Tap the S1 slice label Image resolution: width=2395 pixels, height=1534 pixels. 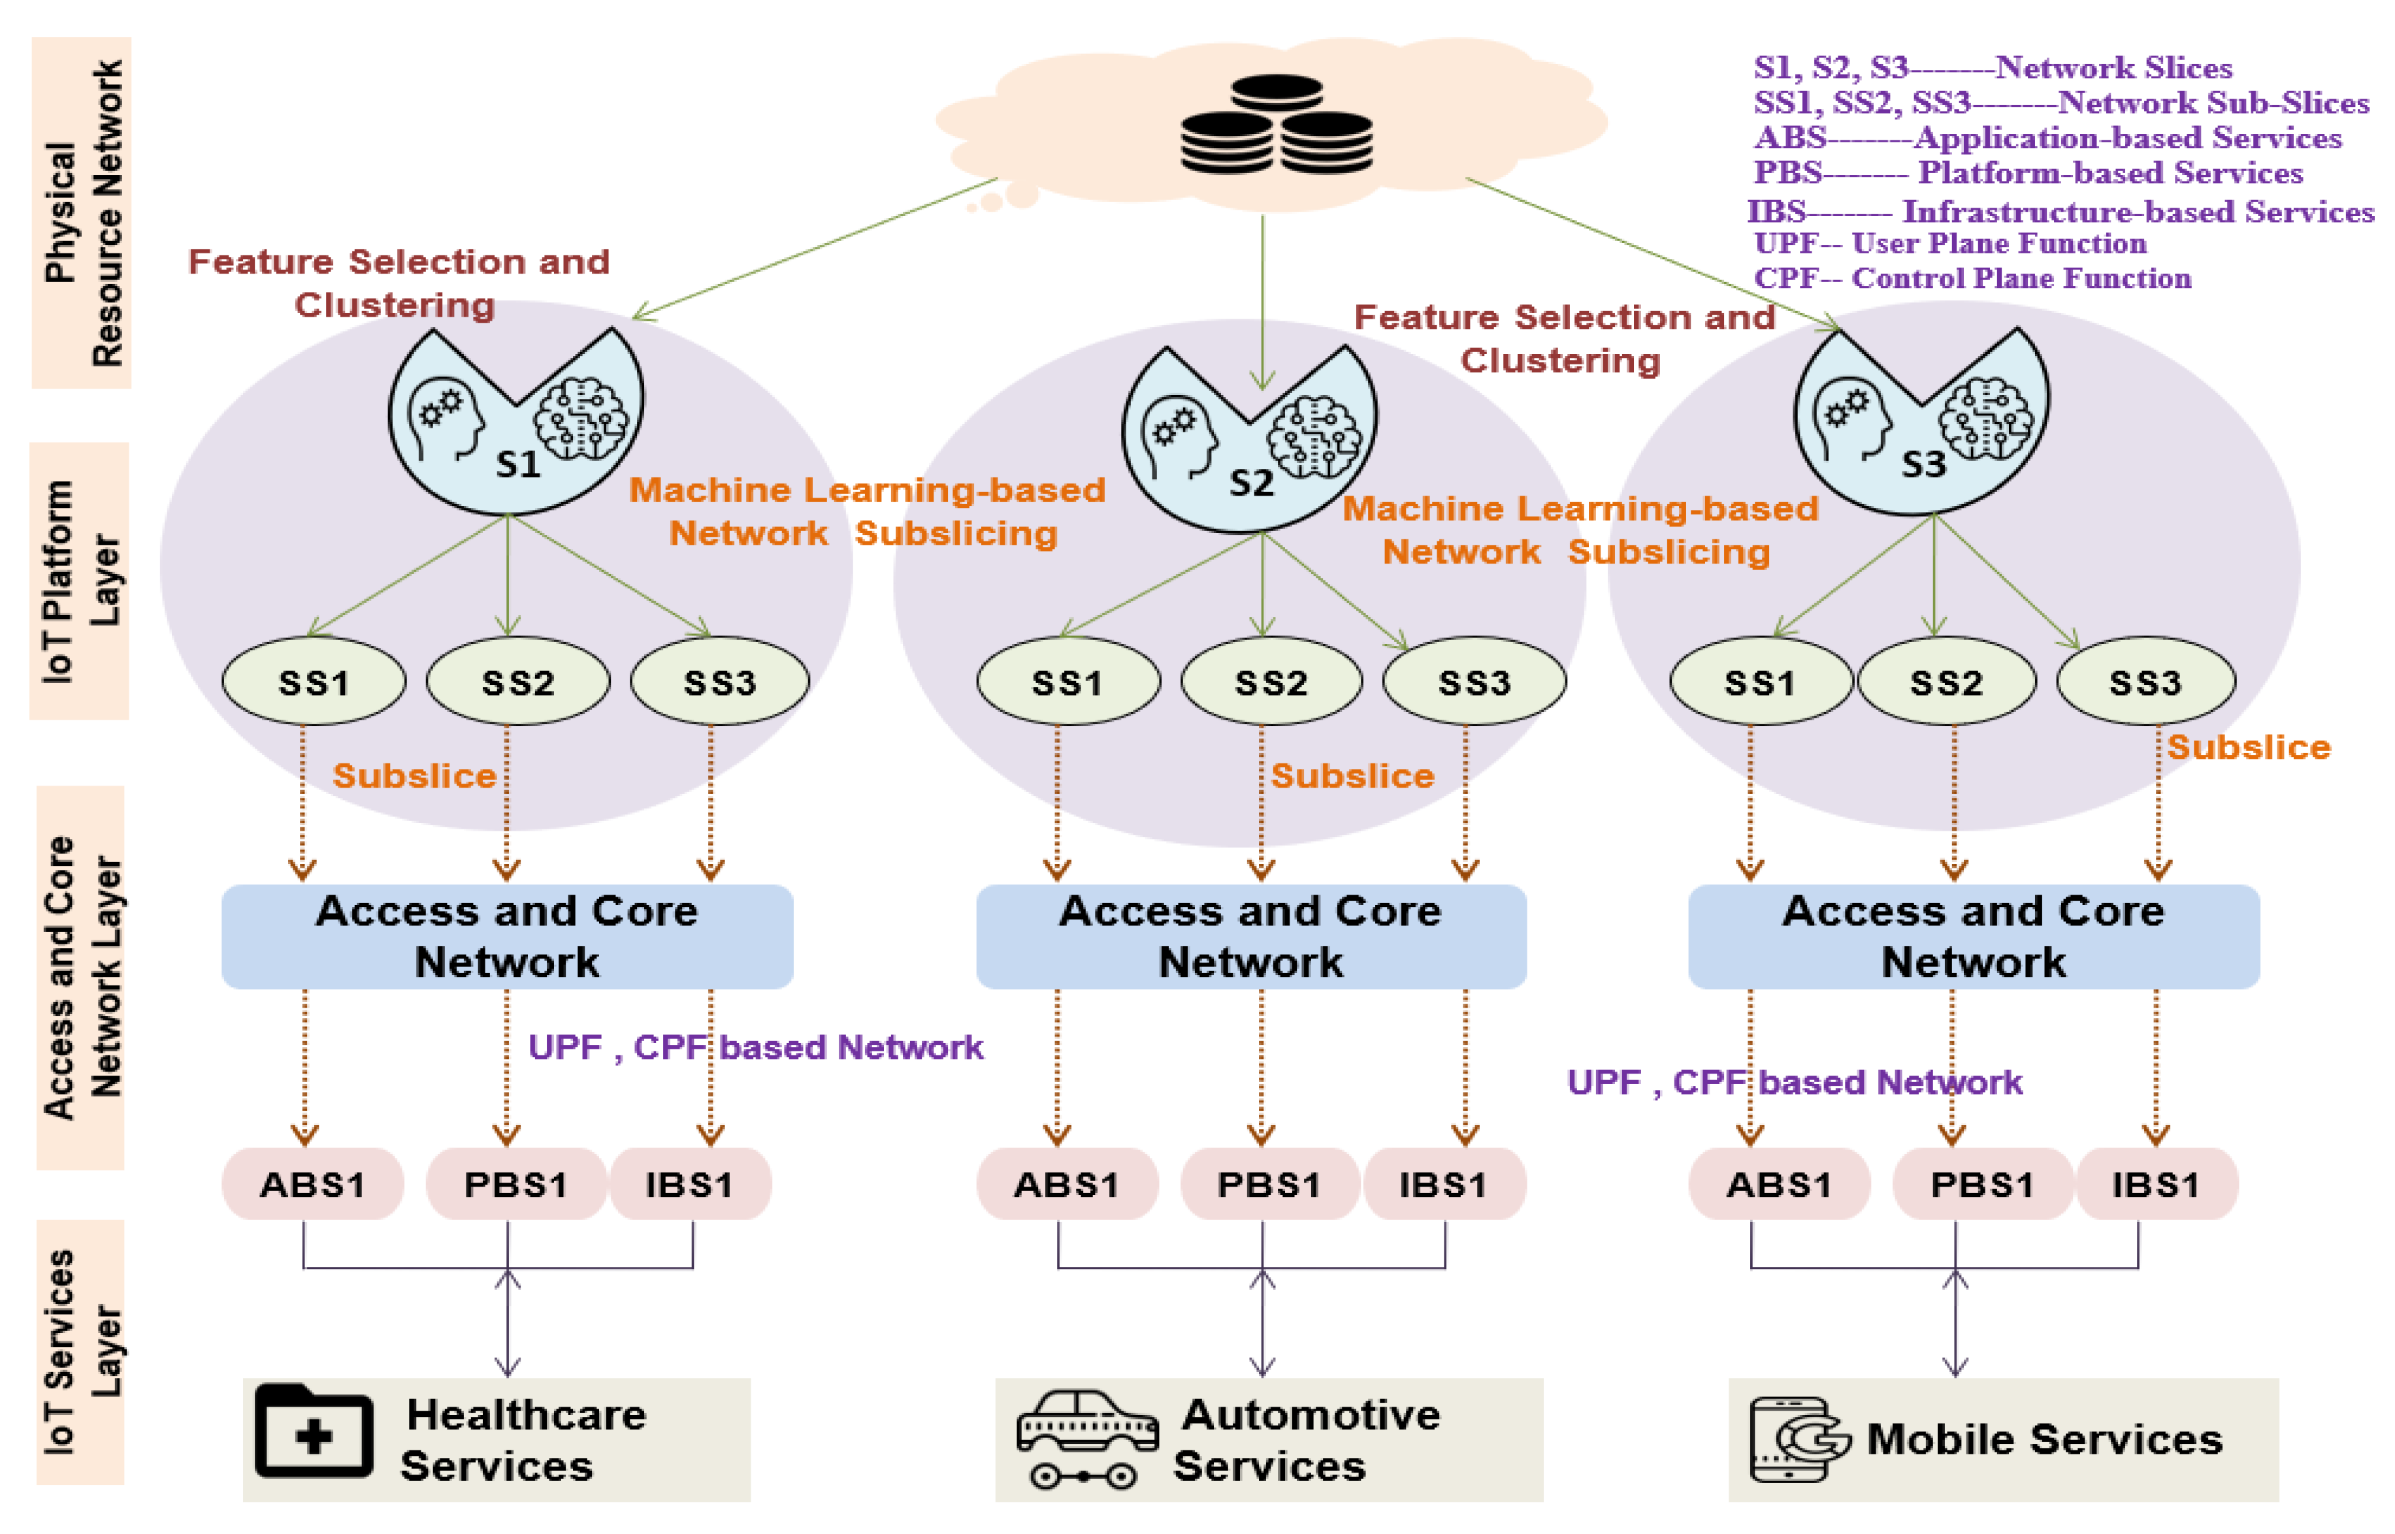tap(518, 464)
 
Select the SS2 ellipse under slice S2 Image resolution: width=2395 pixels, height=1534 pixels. tap(1270, 682)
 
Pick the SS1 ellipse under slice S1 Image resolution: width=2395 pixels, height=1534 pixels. tap(313, 682)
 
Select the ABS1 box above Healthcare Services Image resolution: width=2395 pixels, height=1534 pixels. tap(312, 1185)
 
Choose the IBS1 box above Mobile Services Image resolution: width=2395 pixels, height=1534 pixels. tap(2156, 1185)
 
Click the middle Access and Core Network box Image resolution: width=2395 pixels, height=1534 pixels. tap(1250, 936)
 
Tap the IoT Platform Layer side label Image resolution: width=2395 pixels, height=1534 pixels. tap(80, 581)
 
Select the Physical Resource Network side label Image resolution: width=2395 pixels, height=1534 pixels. tap(82, 212)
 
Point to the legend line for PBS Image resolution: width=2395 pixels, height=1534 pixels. tap(2027, 172)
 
